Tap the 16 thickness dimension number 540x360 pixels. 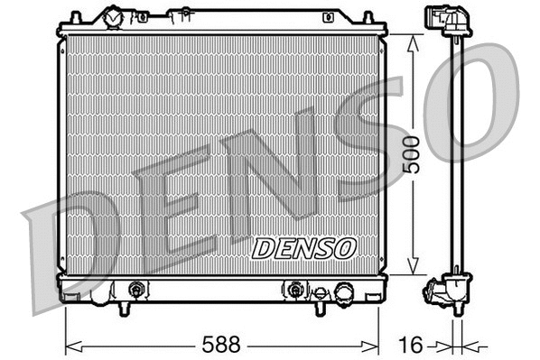(x=411, y=344)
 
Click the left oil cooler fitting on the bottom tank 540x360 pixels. (x=136, y=291)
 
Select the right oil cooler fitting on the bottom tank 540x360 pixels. (x=293, y=291)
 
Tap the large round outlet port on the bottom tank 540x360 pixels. (x=344, y=292)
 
